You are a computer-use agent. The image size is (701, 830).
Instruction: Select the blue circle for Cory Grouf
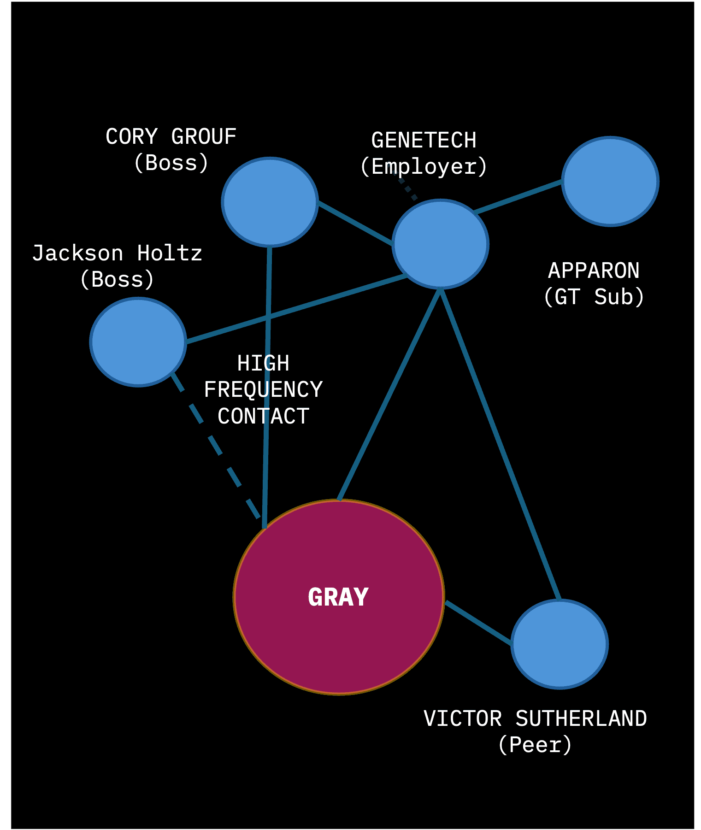[270, 202]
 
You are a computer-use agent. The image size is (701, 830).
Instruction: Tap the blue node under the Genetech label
[440, 244]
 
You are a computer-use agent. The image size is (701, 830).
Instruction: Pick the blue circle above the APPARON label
[610, 181]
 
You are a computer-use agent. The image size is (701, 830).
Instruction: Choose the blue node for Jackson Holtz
[138, 341]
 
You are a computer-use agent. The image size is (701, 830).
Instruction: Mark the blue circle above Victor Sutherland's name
[560, 644]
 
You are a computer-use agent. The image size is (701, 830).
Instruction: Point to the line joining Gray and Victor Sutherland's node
[478, 622]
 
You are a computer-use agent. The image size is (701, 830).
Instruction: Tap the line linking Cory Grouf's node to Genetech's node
[355, 223]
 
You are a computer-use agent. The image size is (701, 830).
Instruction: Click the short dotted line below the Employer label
[408, 189]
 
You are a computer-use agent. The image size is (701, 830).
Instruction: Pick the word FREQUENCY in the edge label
[263, 390]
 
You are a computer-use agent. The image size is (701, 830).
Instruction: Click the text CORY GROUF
[171, 137]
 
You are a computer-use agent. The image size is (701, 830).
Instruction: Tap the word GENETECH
[424, 141]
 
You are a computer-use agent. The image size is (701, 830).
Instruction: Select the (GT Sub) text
[594, 297]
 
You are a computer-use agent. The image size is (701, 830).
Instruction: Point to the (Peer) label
[535, 745]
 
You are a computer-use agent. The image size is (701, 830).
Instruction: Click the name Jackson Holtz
[117, 253]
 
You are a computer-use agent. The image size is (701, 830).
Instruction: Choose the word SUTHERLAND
[581, 719]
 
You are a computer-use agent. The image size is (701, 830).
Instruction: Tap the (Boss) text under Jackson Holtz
[117, 279]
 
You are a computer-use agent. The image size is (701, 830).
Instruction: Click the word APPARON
[594, 271]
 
